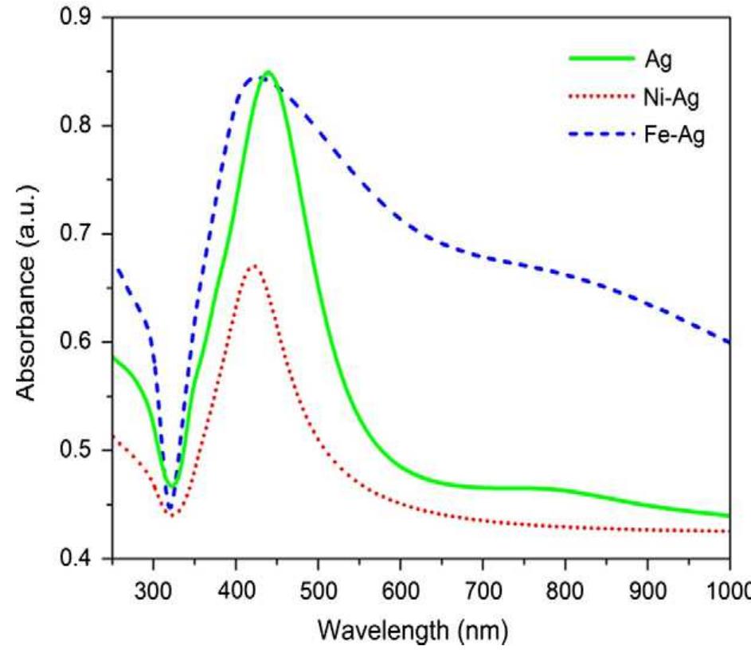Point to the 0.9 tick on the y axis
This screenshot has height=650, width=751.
84,18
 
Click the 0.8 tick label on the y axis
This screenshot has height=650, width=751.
84,126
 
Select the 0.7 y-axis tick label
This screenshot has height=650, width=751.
84,234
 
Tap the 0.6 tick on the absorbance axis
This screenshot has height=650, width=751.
84,343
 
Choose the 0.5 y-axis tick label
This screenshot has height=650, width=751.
84,451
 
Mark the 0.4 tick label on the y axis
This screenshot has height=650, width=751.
84,559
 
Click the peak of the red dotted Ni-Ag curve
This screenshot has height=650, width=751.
254,265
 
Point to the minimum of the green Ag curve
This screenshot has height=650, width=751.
171,485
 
